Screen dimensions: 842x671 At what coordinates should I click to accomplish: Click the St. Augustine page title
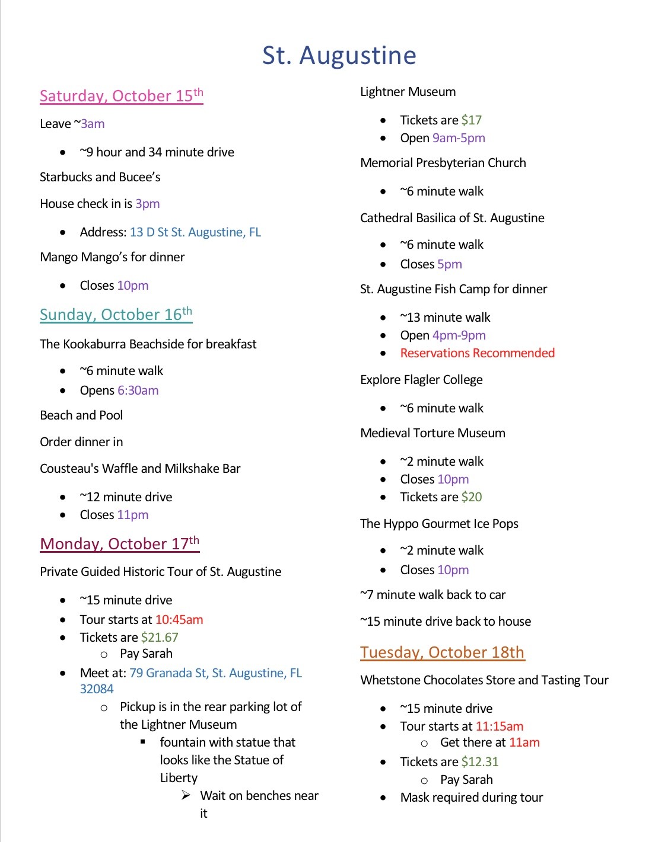339,55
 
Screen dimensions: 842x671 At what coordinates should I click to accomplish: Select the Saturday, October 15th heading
121,95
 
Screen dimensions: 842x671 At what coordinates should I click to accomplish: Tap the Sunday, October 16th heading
116,314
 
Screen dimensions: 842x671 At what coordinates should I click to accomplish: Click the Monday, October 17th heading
119,543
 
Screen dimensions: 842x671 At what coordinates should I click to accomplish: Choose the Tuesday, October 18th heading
442,652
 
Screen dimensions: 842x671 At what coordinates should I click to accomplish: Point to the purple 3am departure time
93,124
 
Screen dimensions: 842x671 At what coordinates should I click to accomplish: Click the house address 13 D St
195,232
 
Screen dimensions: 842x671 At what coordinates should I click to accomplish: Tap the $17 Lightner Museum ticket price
471,120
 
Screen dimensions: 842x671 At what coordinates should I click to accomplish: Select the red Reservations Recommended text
477,353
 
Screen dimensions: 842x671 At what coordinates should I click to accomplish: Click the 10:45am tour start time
179,620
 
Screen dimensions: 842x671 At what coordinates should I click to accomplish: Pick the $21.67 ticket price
160,638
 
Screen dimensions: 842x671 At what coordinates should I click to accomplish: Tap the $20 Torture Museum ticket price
472,497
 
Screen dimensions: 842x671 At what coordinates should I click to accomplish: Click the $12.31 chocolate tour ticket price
480,762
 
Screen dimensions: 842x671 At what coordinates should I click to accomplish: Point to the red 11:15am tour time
500,726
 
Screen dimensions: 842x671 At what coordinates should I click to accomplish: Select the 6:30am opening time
138,390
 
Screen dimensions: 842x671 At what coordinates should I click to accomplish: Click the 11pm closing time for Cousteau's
132,515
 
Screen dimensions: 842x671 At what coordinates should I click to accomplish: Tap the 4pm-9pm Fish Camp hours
459,335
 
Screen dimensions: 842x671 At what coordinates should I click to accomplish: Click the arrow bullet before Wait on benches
186,795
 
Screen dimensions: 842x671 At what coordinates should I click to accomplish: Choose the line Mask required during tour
472,798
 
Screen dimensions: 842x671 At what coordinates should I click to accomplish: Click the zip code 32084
97,689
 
